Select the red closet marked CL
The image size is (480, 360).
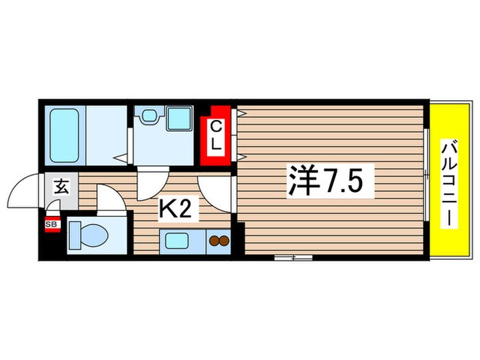(x=215, y=136)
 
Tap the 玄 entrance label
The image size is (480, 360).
(x=60, y=186)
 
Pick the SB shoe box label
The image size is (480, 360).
(x=51, y=224)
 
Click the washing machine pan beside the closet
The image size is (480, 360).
(x=178, y=119)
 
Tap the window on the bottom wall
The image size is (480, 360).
(x=293, y=258)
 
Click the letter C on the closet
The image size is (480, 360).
(x=215, y=127)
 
